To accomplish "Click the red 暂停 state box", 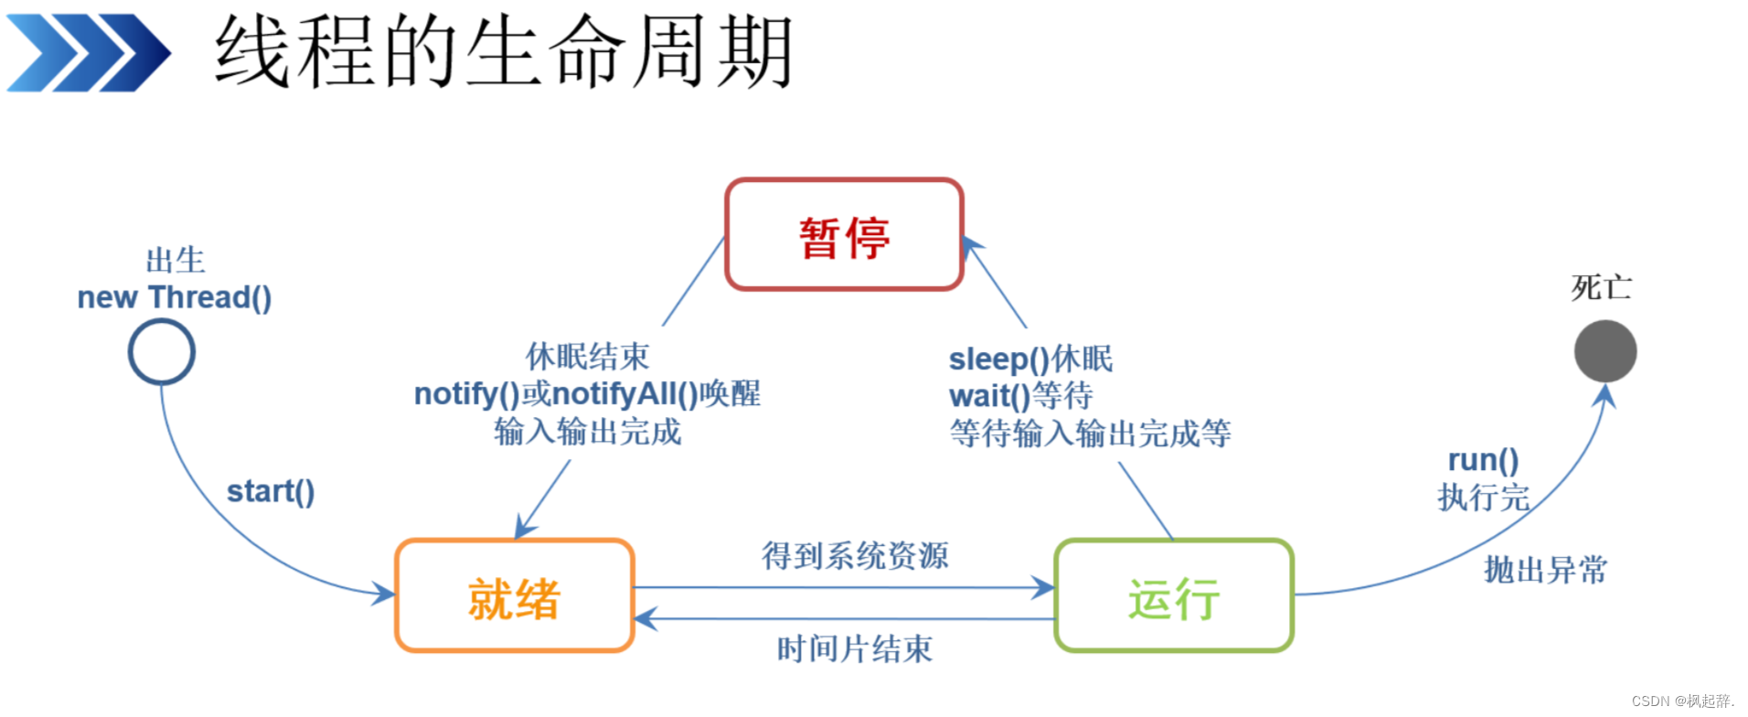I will point(844,235).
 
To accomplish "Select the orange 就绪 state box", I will point(514,596).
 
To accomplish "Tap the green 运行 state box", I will point(1174,596).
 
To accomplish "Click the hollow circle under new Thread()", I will point(162,352).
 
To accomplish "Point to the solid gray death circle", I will point(1604,351).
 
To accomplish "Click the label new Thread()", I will point(174,298).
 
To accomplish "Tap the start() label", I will point(271,492).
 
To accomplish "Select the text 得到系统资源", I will point(855,555).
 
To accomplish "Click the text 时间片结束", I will point(855,649).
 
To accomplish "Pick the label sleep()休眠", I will point(1030,359).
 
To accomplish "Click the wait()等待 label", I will point(1020,396).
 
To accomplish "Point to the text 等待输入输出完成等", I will point(1090,433).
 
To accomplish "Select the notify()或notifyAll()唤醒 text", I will point(587,394).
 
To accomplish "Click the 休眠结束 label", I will point(587,357).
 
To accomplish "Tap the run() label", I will point(1483,460).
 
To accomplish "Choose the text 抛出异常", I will point(1545,570).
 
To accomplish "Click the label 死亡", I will point(1601,288).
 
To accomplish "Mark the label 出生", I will point(176,261).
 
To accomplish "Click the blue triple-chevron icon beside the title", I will point(88,53).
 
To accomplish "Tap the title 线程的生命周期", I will point(503,52).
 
